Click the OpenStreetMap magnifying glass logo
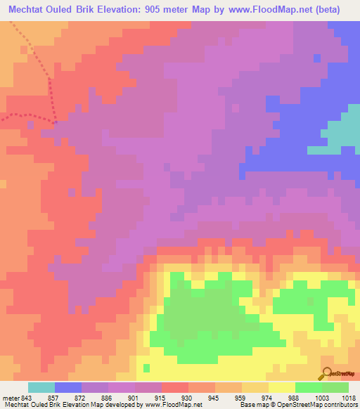pos(328,375)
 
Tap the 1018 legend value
pos(349,398)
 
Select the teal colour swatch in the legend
pos(41,388)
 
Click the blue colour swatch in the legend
pos(68,388)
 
